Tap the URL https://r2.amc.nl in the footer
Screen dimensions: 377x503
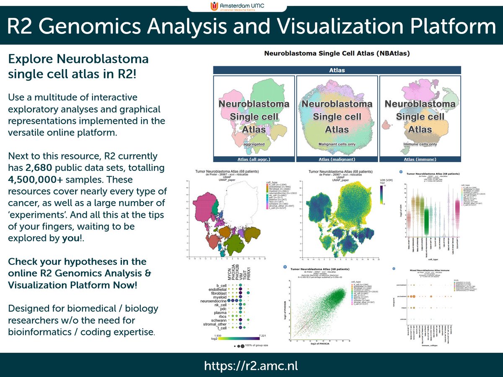point(251,365)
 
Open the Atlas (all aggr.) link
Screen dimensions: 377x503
point(254,159)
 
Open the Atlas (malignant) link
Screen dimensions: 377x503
point(337,159)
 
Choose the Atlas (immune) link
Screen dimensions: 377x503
point(420,159)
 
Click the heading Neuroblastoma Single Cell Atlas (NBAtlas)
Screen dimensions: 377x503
point(337,54)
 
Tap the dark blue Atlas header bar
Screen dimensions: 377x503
point(337,70)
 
